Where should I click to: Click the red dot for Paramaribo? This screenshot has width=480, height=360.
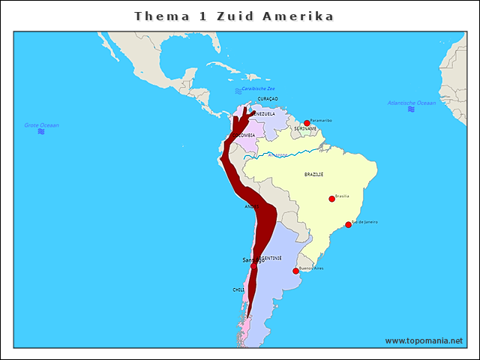pyautogui.click(x=307, y=123)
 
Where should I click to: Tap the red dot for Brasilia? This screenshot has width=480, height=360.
pyautogui.click(x=331, y=199)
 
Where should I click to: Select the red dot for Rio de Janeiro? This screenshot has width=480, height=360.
pyautogui.click(x=348, y=224)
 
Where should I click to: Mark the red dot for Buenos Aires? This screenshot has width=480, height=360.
pyautogui.click(x=295, y=271)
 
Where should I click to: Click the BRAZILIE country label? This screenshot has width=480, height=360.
pyautogui.click(x=313, y=174)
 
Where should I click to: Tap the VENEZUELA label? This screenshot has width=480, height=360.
pyautogui.click(x=263, y=114)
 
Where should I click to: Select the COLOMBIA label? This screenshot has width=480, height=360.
pyautogui.click(x=244, y=135)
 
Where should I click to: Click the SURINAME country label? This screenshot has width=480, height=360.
pyautogui.click(x=304, y=129)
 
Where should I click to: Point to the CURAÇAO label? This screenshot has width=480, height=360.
pyautogui.click(x=268, y=98)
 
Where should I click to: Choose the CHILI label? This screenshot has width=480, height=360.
pyautogui.click(x=238, y=289)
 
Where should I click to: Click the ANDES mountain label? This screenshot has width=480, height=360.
pyautogui.click(x=252, y=206)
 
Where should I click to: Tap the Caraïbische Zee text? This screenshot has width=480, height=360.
pyautogui.click(x=258, y=88)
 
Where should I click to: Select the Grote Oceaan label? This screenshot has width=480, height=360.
pyautogui.click(x=41, y=125)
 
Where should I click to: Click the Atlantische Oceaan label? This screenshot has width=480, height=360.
pyautogui.click(x=411, y=103)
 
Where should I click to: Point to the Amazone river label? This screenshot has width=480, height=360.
pyautogui.click(x=277, y=155)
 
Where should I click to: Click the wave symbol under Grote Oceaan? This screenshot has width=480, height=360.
pyautogui.click(x=41, y=132)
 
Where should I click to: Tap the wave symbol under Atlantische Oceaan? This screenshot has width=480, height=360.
pyautogui.click(x=411, y=109)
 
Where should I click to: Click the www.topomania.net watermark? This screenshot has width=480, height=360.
pyautogui.click(x=424, y=340)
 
